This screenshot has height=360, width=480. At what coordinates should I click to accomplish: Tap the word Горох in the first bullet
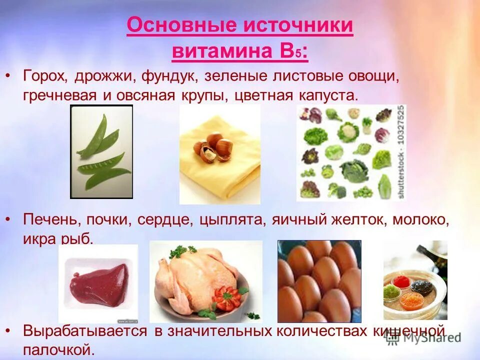click(45, 77)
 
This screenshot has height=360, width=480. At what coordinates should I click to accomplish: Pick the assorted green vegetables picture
click(345, 152)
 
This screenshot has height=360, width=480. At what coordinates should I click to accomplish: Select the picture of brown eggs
click(319, 281)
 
